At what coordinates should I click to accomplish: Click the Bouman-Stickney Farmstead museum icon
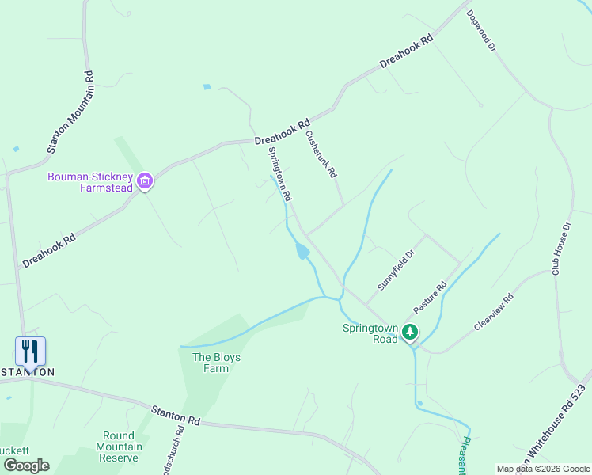click(145, 181)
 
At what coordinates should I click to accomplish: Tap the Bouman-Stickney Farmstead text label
click(89, 181)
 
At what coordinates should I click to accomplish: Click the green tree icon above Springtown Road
click(409, 332)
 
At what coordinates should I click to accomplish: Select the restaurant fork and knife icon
click(30, 351)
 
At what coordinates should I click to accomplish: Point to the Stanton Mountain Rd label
click(70, 112)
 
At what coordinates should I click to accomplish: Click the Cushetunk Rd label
click(322, 154)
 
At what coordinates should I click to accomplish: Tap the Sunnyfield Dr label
click(396, 272)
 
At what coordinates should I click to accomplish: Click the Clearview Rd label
click(494, 312)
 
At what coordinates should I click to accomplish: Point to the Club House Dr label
click(561, 249)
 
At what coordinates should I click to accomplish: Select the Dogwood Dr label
click(480, 32)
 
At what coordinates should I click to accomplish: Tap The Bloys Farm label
click(216, 363)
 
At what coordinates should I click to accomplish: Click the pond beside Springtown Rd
click(302, 253)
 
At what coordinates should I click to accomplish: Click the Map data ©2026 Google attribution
click(543, 468)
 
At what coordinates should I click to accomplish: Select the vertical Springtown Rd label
click(281, 173)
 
